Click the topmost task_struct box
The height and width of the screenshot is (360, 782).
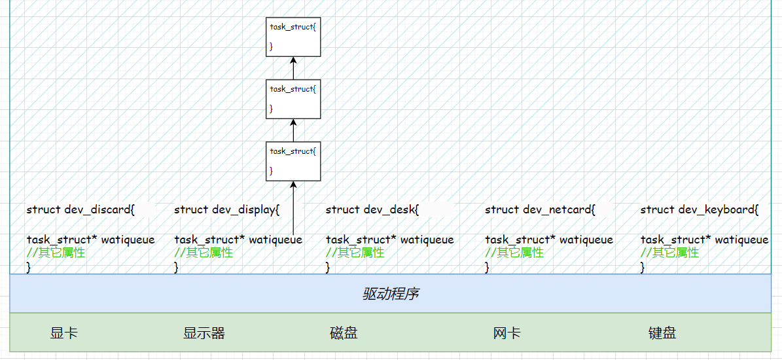point(293,37)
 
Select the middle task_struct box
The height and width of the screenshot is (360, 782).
point(293,99)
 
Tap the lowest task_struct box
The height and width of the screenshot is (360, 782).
point(293,161)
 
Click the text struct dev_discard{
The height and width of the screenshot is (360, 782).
point(80,210)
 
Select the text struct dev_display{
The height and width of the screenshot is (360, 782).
point(226,210)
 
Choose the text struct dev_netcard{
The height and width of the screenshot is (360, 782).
point(540,210)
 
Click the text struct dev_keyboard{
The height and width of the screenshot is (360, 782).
point(699,210)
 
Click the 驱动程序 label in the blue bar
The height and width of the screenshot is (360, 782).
point(391,294)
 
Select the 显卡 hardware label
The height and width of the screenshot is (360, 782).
point(63,333)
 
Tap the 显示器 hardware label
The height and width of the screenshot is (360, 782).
point(204,333)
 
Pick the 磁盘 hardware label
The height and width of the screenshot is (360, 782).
point(344,333)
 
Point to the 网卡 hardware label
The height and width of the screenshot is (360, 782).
point(507,333)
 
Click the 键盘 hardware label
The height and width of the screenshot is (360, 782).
point(662,333)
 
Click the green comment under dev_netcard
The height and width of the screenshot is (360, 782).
point(514,253)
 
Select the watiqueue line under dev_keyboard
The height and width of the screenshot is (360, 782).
point(704,240)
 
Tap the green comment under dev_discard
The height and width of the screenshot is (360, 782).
point(56,253)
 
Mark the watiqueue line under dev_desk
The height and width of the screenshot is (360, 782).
point(389,240)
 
